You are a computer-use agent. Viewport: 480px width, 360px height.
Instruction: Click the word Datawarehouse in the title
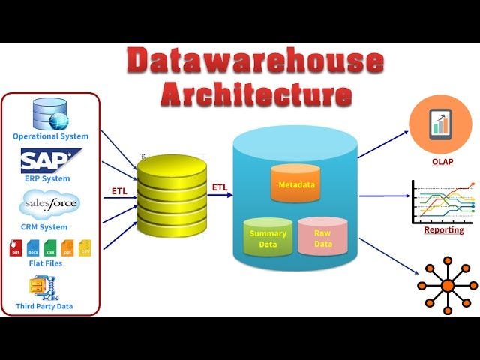pyautogui.click(x=255, y=61)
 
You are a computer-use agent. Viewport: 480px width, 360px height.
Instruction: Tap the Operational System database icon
pyautogui.click(x=50, y=113)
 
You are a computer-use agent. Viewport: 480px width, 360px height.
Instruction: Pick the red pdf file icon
pyautogui.click(x=15, y=247)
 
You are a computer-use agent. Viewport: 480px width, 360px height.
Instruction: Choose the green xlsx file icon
pyautogui.click(x=50, y=247)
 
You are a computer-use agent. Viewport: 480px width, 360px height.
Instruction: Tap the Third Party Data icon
pyautogui.click(x=39, y=286)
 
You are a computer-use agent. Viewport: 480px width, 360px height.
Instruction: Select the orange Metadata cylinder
pyautogui.click(x=295, y=183)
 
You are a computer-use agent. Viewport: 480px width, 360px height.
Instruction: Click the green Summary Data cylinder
pyautogui.click(x=267, y=237)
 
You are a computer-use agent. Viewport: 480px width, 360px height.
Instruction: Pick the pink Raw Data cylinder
pyautogui.click(x=322, y=235)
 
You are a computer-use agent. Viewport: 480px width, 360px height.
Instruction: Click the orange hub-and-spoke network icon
pyautogui.click(x=447, y=285)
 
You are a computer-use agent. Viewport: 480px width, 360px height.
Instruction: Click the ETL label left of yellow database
pyautogui.click(x=119, y=191)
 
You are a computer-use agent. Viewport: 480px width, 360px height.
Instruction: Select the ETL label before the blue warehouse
pyautogui.click(x=220, y=187)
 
